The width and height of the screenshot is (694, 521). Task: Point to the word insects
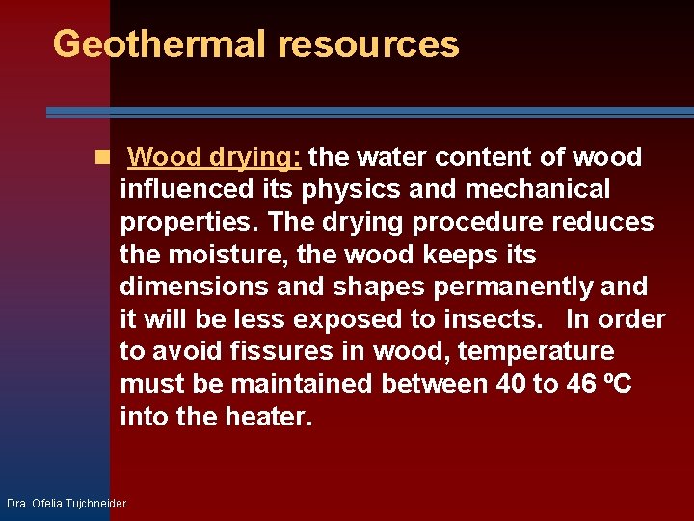click(x=500, y=319)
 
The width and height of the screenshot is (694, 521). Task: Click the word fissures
click(x=279, y=352)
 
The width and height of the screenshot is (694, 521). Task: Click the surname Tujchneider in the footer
click(x=93, y=504)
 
